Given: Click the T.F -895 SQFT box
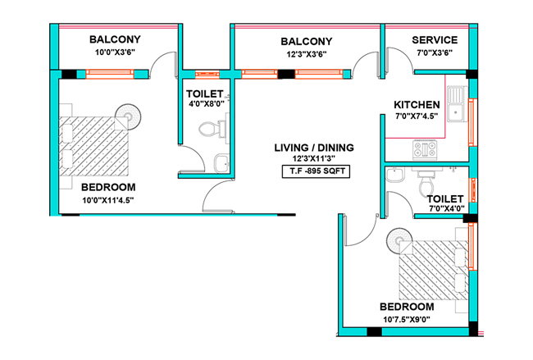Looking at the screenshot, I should (x=314, y=171).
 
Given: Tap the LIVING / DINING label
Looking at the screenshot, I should (x=314, y=148).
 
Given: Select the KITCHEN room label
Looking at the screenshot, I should (x=417, y=104).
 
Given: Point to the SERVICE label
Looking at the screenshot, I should (x=435, y=40).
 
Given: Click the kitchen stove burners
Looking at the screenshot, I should (x=424, y=148).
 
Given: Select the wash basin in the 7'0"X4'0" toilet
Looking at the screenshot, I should (x=394, y=176).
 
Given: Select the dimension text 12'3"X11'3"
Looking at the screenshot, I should (x=314, y=160).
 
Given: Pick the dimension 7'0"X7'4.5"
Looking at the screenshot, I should (x=417, y=116).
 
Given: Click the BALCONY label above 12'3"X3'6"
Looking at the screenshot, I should (x=306, y=41).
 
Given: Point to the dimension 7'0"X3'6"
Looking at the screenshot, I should (x=435, y=53).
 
